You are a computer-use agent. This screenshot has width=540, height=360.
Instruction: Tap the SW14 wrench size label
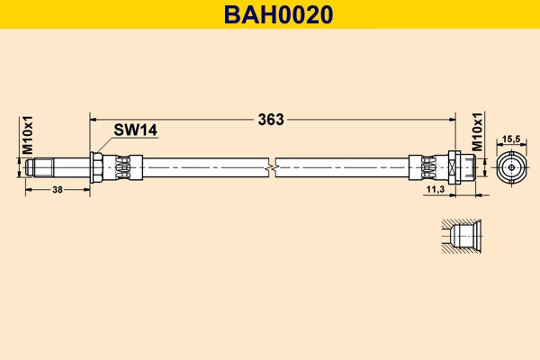click(136, 130)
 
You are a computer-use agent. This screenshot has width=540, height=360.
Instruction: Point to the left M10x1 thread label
click(28, 134)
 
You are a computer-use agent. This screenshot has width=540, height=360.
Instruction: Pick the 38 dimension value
click(57, 190)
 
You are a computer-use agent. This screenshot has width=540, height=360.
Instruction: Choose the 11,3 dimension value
click(435, 190)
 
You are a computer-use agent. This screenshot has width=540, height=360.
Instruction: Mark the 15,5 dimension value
click(511, 139)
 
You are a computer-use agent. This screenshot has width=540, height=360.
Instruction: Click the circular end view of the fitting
click(511, 167)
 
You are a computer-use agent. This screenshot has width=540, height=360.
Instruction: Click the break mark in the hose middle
click(272, 167)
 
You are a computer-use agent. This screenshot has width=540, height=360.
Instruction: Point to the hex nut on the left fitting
click(94, 167)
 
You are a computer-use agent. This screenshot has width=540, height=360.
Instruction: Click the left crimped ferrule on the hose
click(123, 167)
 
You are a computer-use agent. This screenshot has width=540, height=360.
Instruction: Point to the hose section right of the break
click(342, 167)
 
